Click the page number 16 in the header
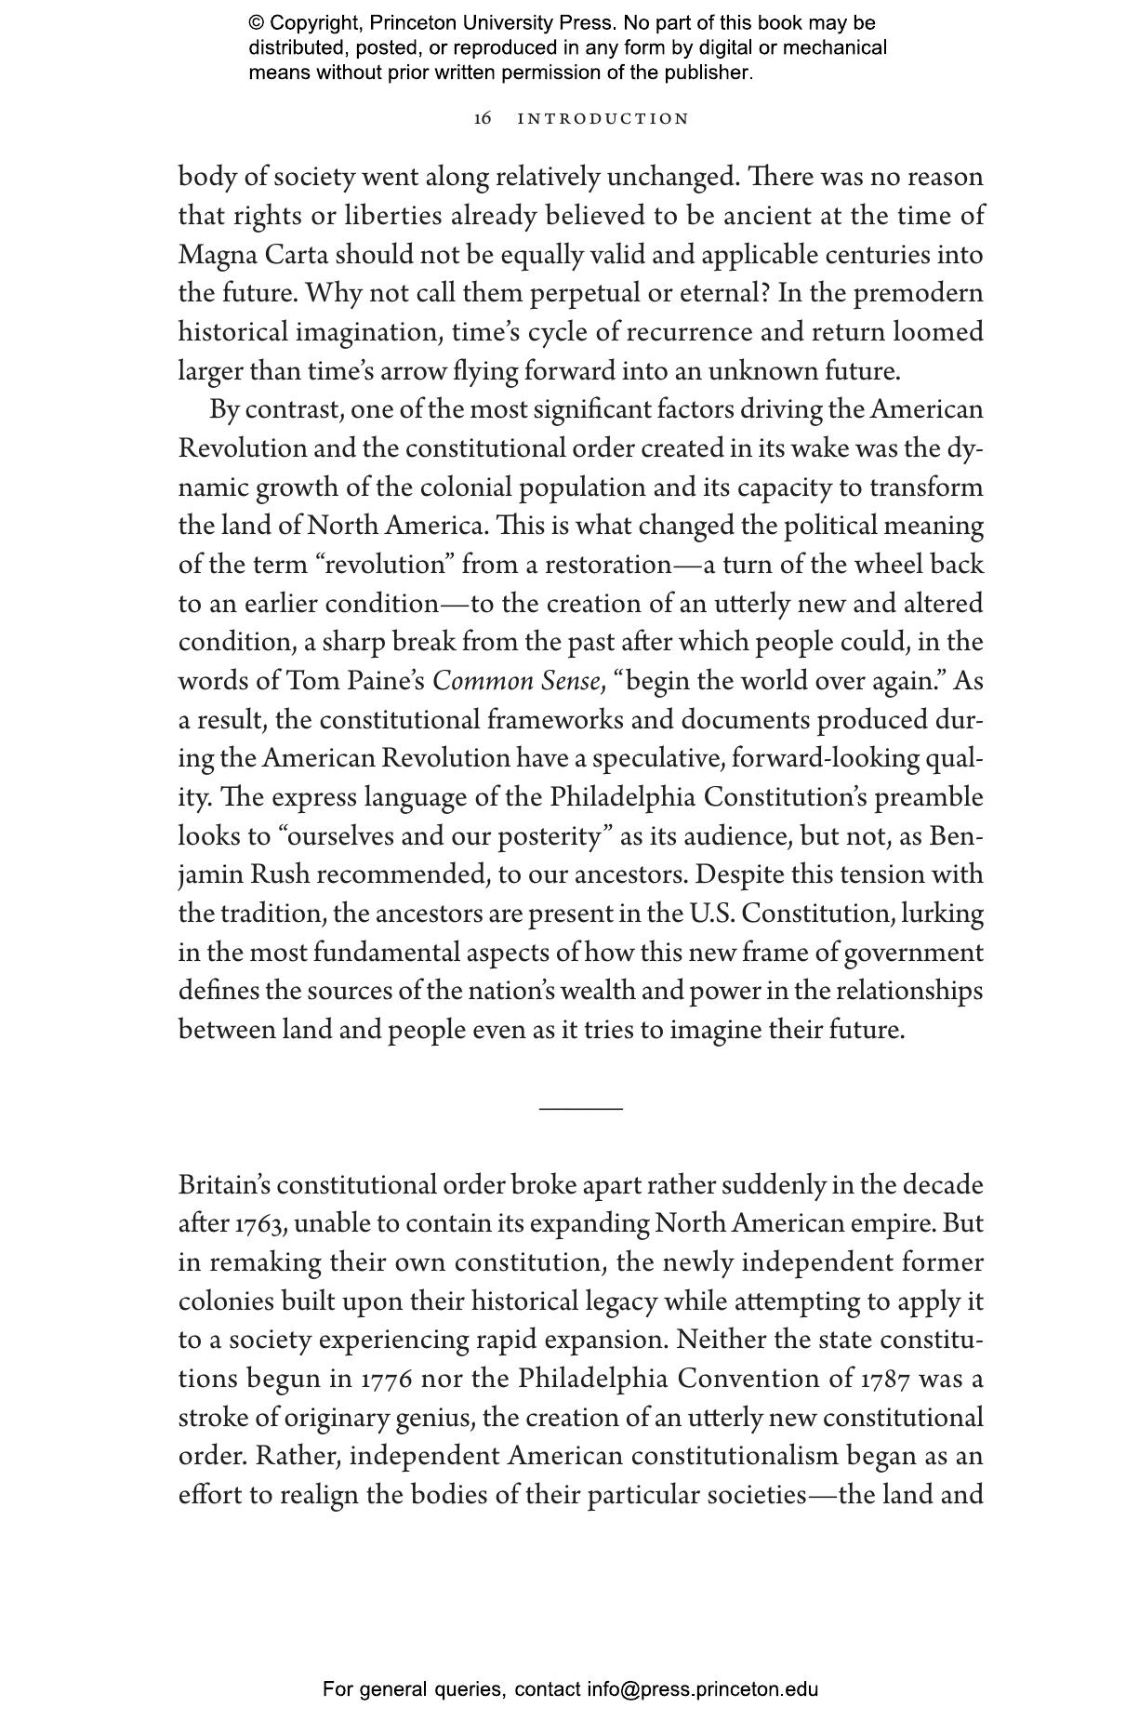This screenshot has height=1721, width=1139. (x=482, y=119)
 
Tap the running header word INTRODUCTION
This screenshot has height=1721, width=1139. (x=603, y=119)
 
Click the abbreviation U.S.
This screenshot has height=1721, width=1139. (x=711, y=914)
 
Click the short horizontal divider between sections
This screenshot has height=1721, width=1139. (x=581, y=1109)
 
